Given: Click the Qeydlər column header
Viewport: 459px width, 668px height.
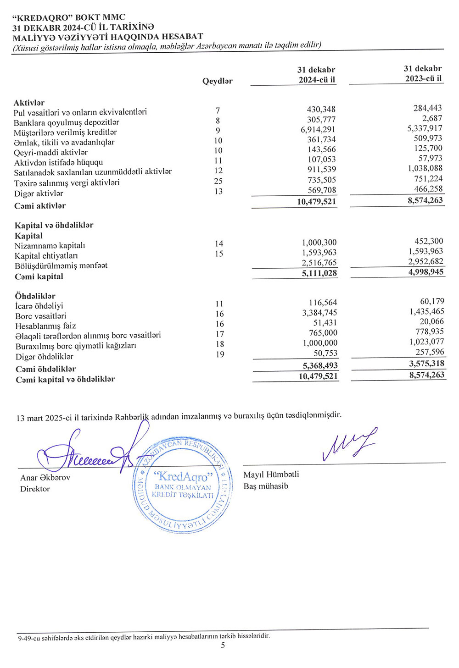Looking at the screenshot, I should [217, 81].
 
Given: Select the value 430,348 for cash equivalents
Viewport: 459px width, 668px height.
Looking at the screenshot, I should [321, 110].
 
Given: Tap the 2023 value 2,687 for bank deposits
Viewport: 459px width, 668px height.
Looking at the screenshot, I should [432, 118].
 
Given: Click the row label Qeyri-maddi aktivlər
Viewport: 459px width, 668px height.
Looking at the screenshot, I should [50, 153].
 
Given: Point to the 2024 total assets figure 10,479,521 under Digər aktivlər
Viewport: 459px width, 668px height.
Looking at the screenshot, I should [316, 202].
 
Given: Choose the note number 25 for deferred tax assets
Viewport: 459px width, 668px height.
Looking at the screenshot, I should [218, 181].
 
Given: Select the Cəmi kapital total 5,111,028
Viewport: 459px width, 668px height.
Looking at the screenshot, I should [319, 273].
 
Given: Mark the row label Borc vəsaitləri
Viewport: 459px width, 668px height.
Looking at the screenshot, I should [40, 316].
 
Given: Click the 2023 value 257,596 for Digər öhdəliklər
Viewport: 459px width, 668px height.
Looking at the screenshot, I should [430, 352].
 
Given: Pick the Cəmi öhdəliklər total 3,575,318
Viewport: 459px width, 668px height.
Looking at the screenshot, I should [426, 364].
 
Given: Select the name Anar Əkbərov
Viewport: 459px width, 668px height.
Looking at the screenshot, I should [45, 478].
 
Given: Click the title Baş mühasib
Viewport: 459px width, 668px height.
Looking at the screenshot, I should [266, 486].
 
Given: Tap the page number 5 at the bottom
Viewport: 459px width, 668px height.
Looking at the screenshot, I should [223, 646].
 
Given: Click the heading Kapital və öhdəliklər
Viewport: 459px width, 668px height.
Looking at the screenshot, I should [54, 226].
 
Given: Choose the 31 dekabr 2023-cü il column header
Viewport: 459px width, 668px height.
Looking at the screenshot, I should [423, 73].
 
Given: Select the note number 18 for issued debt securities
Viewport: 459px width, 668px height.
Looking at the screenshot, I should [220, 344].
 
